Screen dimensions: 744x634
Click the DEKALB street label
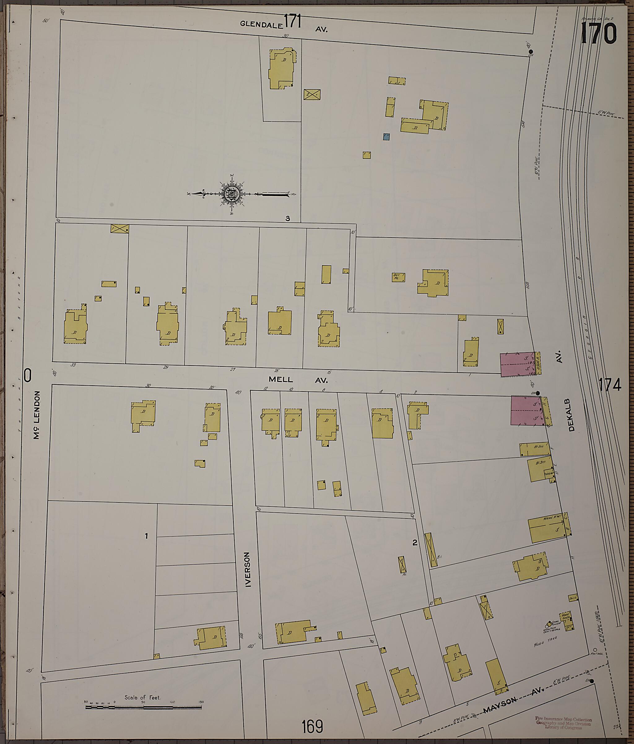pyautogui.click(x=571, y=415)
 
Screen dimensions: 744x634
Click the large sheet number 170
pyautogui.click(x=598, y=33)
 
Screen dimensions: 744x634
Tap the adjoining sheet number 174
pyautogui.click(x=610, y=385)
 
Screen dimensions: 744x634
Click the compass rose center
pyautogui.click(x=231, y=194)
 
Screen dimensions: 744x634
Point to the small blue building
pyautogui.click(x=386, y=137)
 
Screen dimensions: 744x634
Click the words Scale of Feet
pyautogui.click(x=142, y=697)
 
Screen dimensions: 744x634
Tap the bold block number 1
pyautogui.click(x=146, y=546)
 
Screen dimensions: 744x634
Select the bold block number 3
pyautogui.click(x=287, y=218)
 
